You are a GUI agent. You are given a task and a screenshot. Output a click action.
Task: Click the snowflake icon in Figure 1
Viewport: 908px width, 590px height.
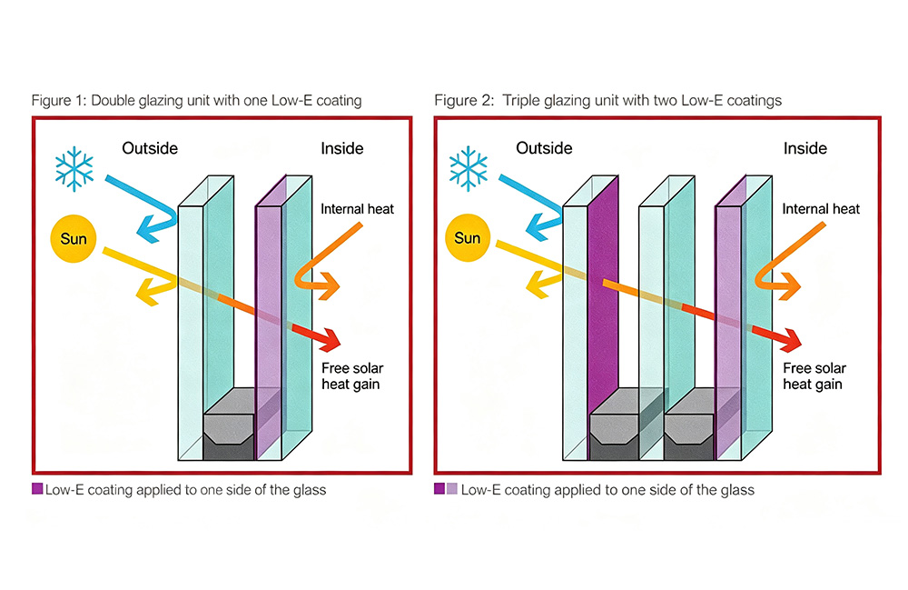click(x=74, y=169)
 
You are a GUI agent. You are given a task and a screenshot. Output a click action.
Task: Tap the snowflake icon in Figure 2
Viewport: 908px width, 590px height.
click(x=469, y=168)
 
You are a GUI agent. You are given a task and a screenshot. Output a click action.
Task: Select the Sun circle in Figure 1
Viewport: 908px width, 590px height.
click(x=73, y=238)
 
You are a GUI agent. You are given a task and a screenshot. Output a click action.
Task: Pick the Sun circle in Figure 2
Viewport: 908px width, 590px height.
click(x=468, y=237)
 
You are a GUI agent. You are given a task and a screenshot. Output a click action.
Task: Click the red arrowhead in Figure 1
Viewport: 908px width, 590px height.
click(x=331, y=340)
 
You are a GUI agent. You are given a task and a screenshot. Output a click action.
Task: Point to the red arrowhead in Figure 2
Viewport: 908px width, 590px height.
click(x=791, y=340)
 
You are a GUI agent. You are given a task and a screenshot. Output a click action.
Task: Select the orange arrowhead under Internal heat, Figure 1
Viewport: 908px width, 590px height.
click(x=329, y=285)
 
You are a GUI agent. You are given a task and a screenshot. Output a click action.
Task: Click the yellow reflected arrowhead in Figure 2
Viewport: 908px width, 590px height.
click(x=536, y=285)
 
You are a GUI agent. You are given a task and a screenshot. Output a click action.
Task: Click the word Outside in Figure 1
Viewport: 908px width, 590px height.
click(x=150, y=148)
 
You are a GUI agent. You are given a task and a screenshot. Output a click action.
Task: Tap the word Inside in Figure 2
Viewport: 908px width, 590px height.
click(x=804, y=148)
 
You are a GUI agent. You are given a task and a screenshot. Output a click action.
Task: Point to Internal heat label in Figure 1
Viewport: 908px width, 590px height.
click(x=357, y=209)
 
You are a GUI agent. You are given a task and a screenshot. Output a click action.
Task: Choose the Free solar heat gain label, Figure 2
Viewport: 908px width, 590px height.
click(x=814, y=376)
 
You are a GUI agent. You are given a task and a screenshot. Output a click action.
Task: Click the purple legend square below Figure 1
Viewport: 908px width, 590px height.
click(x=37, y=489)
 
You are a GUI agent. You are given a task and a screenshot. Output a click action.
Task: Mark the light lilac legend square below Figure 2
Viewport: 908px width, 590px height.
click(x=451, y=488)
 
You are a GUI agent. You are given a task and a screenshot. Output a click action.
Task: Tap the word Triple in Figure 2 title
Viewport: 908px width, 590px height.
click(x=520, y=101)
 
